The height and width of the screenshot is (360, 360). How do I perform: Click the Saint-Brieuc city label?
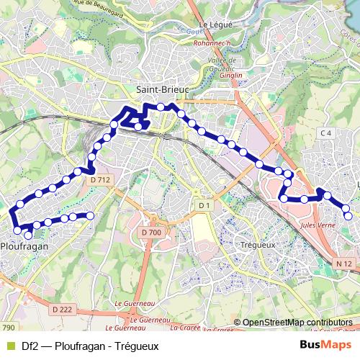tap(161, 89)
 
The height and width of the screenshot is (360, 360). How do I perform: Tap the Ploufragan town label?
tap(25, 246)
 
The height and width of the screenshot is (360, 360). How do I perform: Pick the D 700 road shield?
tap(152, 233)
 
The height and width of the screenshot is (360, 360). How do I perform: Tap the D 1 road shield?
tap(204, 206)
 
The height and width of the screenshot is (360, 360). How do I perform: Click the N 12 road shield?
tap(343, 265)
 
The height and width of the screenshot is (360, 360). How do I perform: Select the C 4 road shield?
tap(326, 133)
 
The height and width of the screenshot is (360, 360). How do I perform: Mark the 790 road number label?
tap(8, 328)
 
